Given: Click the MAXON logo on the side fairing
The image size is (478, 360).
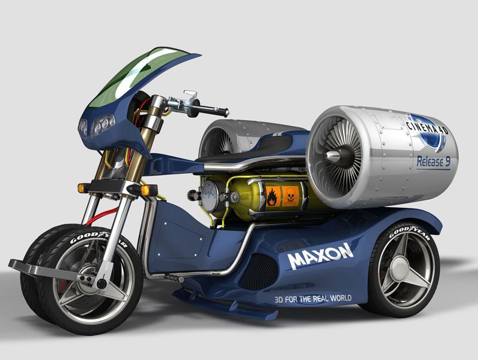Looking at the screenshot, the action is point(320,256).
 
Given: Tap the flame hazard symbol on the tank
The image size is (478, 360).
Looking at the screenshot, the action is point(273,197).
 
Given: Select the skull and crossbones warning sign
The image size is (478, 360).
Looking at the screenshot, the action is point(290,197).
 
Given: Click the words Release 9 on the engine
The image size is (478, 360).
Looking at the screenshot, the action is point(434,161).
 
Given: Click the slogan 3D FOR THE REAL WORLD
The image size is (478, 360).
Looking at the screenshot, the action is point(313,298).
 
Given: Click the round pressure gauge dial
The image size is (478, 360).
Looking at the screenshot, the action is point(210,196).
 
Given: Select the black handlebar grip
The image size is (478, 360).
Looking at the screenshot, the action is point(213,110).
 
